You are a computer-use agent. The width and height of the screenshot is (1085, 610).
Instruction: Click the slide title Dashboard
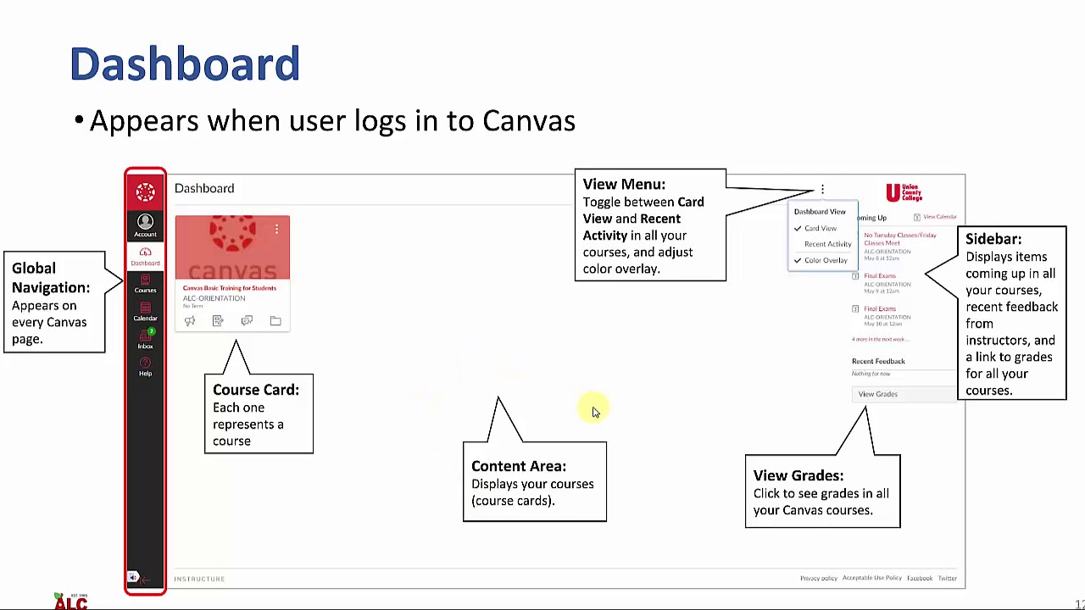click(x=185, y=64)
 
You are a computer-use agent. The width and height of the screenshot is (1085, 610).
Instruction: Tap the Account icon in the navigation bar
click(x=145, y=225)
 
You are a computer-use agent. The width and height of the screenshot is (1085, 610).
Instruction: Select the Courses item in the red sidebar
click(x=145, y=284)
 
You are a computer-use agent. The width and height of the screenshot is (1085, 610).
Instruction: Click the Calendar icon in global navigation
click(x=145, y=312)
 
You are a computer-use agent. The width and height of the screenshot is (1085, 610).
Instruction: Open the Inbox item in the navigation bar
click(x=145, y=340)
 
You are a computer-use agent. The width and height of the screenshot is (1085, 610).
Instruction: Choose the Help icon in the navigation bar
click(x=145, y=367)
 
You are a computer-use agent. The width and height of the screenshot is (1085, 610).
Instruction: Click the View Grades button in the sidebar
click(x=877, y=394)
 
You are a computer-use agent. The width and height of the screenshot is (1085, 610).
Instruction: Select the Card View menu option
click(x=820, y=229)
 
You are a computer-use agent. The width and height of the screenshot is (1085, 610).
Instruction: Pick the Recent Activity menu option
click(x=827, y=244)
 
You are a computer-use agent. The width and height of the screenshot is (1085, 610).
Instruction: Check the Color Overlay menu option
click(x=825, y=260)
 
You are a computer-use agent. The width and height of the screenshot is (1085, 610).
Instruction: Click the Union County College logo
click(x=904, y=192)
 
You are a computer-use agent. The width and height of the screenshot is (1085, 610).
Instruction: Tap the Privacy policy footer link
click(x=818, y=579)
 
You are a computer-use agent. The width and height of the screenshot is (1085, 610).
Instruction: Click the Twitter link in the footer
click(x=947, y=579)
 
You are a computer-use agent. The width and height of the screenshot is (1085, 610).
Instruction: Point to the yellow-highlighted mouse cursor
click(x=593, y=410)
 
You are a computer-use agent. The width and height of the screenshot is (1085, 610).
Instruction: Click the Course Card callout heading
click(x=255, y=390)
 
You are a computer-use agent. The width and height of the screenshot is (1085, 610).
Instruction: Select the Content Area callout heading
click(x=518, y=466)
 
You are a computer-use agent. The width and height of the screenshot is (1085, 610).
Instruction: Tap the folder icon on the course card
click(x=275, y=321)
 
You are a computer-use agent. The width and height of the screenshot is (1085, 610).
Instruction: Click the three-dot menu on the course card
click(x=276, y=229)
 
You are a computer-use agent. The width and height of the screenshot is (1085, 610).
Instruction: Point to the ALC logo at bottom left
click(x=70, y=602)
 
